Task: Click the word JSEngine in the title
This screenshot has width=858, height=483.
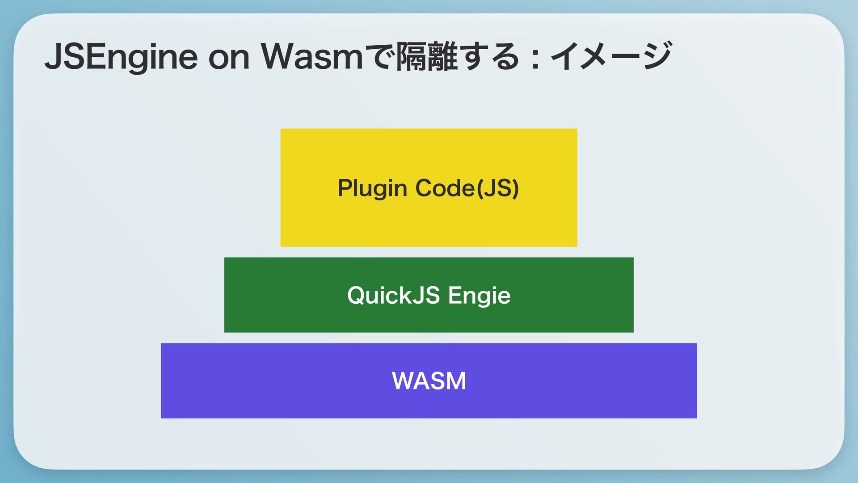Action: tap(121, 57)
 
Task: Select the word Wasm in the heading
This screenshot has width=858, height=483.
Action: tap(312, 57)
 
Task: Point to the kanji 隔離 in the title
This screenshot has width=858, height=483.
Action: tap(428, 57)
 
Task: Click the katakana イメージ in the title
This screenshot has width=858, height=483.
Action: tap(610, 56)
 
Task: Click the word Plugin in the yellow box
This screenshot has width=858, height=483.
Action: tap(372, 188)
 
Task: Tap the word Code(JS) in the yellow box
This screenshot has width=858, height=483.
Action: tap(467, 188)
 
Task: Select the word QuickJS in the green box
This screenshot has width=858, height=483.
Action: tap(393, 295)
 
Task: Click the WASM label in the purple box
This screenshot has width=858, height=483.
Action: tap(429, 381)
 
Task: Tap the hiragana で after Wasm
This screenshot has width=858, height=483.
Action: tap(380, 57)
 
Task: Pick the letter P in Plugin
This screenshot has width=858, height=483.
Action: tap(345, 188)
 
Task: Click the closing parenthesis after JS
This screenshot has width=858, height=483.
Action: tap(516, 188)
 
